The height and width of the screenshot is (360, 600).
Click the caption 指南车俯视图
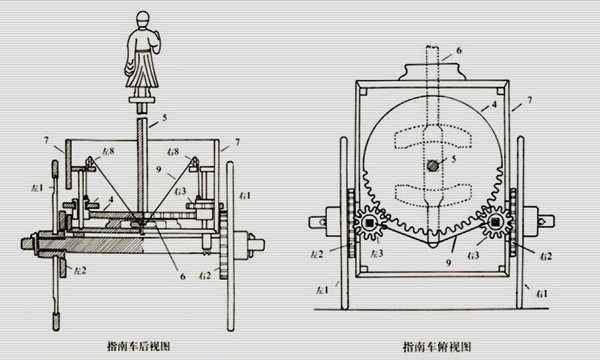click(435, 345)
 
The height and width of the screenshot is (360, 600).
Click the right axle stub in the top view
click(540, 216)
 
